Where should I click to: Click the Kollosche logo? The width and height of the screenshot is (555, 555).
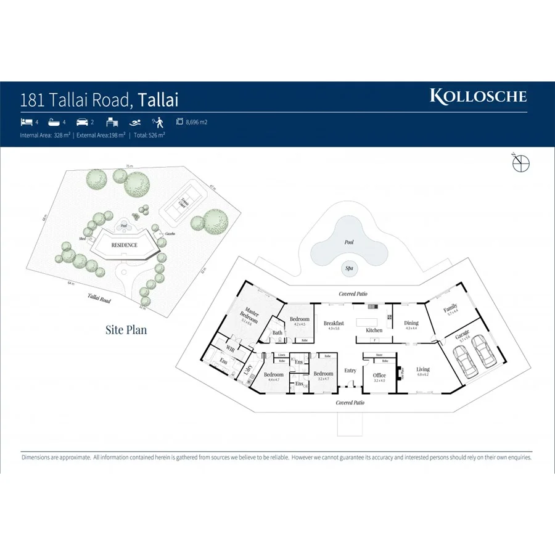click(x=478, y=96)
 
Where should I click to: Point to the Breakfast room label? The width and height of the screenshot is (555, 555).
click(x=334, y=323)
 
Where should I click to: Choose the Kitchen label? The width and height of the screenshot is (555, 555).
click(x=374, y=331)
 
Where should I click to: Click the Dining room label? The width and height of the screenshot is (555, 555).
click(x=411, y=323)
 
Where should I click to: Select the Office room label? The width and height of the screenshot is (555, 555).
click(x=379, y=376)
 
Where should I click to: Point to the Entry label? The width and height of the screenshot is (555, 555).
click(x=350, y=371)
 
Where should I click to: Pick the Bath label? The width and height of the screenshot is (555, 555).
click(x=277, y=333)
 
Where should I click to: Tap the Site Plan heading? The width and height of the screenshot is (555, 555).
click(x=126, y=330)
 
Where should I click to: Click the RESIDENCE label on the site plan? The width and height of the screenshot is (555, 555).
click(x=124, y=245)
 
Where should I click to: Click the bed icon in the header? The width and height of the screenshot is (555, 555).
click(x=26, y=121)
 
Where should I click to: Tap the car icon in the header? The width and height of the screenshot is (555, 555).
click(x=81, y=121)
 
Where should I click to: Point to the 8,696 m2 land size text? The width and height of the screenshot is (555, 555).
click(x=197, y=122)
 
